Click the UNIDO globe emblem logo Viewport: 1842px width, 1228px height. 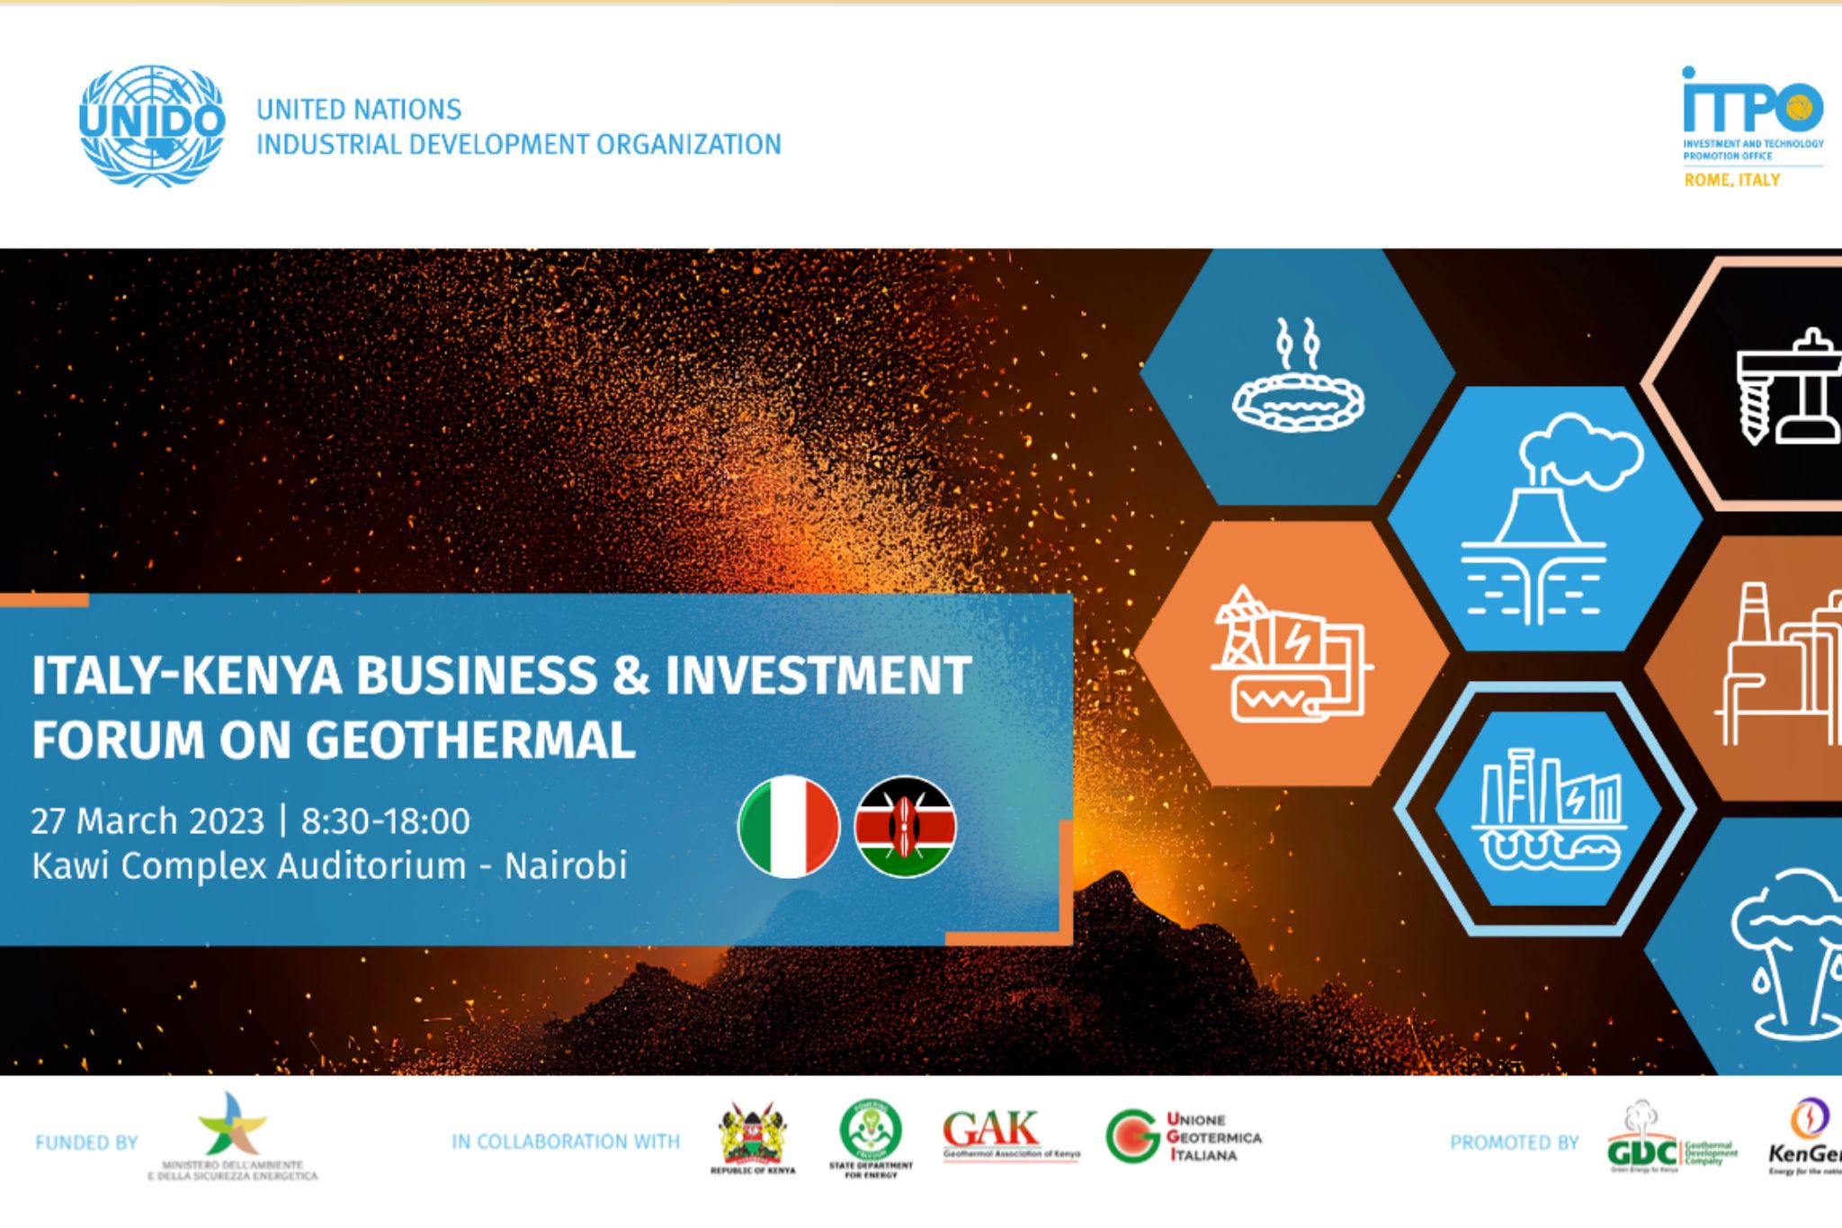pyautogui.click(x=151, y=126)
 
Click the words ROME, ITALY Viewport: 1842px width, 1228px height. pyautogui.click(x=1731, y=180)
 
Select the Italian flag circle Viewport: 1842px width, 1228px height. pyautogui.click(x=789, y=826)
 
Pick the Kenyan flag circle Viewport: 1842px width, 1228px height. pyautogui.click(x=905, y=826)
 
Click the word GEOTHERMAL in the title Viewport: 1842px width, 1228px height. pyautogui.click(x=469, y=740)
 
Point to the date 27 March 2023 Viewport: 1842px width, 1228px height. pyautogui.click(x=148, y=820)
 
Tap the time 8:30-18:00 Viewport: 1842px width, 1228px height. pyautogui.click(x=385, y=820)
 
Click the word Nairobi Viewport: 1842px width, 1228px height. pyautogui.click(x=565, y=865)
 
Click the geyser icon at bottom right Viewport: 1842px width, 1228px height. pyautogui.click(x=1785, y=954)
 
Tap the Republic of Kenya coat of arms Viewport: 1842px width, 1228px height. pyautogui.click(x=753, y=1138)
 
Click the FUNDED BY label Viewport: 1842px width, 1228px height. pyautogui.click(x=86, y=1143)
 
